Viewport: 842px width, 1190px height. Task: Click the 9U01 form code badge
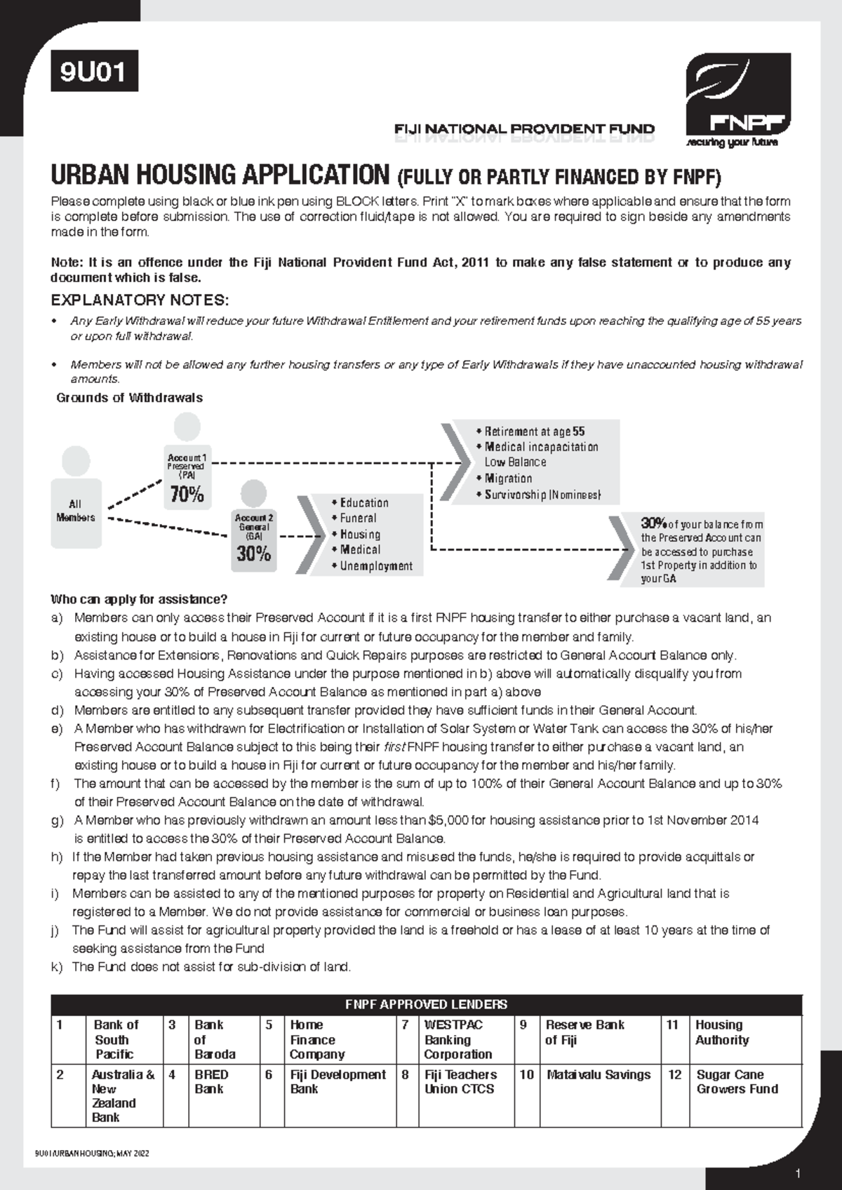pos(93,73)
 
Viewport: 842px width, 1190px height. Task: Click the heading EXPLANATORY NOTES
pos(140,301)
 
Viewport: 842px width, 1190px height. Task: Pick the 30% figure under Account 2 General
pos(253,554)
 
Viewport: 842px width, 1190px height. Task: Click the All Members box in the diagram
pos(75,511)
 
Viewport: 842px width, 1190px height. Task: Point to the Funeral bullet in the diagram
pos(358,519)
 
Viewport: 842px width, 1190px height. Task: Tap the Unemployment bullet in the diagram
pos(376,566)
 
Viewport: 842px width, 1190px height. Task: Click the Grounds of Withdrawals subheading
pos(129,398)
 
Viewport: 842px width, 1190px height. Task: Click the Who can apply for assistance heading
pos(139,600)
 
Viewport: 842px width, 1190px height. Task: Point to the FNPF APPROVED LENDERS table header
pos(426,1004)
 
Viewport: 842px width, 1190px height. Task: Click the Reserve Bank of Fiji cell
pos(584,1032)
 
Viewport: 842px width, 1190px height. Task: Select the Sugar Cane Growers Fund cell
pos(737,1082)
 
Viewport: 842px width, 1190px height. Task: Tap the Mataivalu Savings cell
pos(598,1075)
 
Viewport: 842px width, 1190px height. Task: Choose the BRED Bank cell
pos(210,1082)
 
